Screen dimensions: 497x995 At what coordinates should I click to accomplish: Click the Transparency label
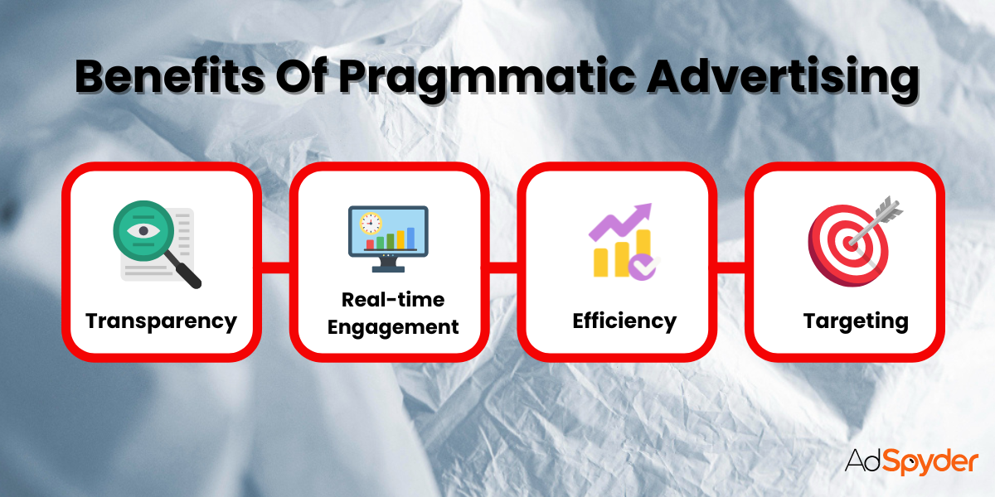[161, 321]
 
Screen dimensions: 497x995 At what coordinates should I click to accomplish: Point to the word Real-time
[393, 299]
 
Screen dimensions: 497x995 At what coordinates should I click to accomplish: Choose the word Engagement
[393, 326]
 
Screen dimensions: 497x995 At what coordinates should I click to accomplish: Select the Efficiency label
[624, 321]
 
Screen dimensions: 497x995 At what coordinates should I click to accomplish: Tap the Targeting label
[856, 321]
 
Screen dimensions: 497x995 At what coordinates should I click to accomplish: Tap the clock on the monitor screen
[370, 223]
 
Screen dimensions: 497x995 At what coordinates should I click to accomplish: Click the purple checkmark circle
[641, 265]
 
